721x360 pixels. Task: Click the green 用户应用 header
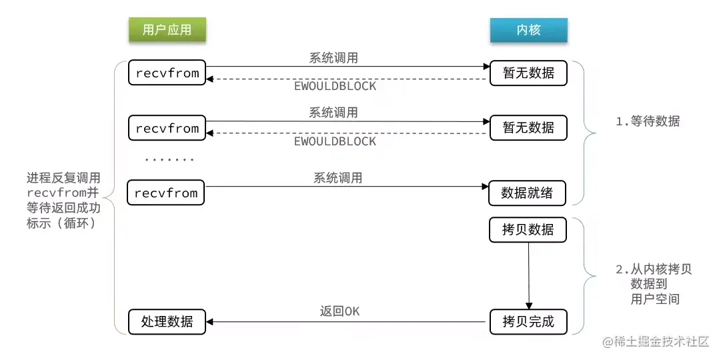pos(167,31)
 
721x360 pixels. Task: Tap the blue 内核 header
pos(528,31)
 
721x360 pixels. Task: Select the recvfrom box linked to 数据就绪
pos(166,193)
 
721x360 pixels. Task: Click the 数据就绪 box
pos(528,193)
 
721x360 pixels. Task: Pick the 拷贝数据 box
pos(528,229)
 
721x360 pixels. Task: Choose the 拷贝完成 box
pos(528,322)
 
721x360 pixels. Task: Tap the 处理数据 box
pos(167,322)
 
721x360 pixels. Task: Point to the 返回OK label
pos(339,311)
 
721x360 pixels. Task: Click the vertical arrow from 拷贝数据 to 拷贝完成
pos(528,275)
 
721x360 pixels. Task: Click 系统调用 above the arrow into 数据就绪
pos(338,178)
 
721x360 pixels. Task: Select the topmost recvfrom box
pos(167,73)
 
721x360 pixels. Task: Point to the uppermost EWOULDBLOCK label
pos(335,87)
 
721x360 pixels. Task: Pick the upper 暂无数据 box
pos(528,73)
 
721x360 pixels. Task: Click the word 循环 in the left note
pos(81,223)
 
